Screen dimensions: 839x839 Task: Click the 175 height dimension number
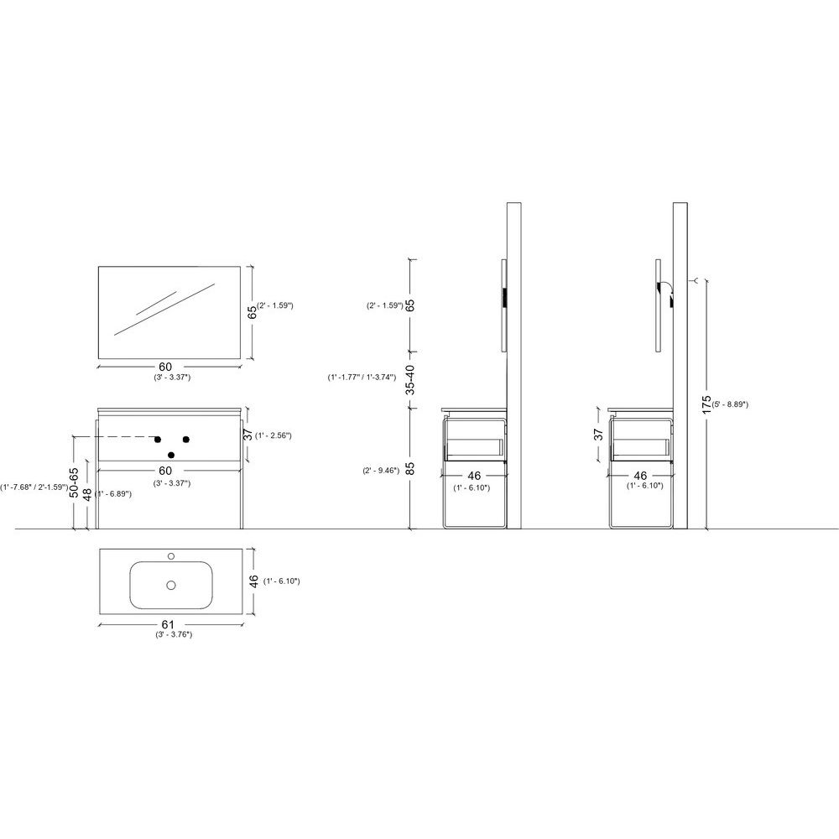706,405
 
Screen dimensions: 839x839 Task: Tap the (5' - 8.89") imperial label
730,404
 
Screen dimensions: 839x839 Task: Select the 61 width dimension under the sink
168,624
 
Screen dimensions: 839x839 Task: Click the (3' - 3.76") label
174,634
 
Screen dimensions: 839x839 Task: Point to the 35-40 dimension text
410,379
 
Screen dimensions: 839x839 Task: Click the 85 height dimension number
410,469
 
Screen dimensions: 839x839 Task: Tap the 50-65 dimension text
74,482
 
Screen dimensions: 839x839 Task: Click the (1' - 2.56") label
274,435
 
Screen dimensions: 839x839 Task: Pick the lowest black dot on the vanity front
171,455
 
